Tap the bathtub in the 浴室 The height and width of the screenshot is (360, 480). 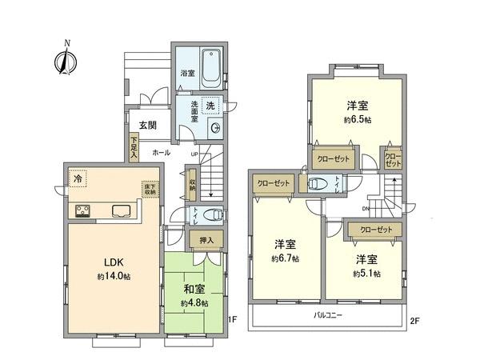coord(211,69)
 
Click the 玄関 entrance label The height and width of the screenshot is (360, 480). coord(146,125)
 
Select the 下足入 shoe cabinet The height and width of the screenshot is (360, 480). coord(134,148)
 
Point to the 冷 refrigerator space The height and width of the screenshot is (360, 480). coord(78,179)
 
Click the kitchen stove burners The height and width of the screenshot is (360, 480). coord(83,211)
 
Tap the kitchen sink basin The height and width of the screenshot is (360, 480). coord(122,212)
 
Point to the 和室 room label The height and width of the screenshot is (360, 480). coord(194,290)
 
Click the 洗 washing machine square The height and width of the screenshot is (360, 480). coord(210,105)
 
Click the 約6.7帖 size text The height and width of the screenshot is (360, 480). coord(286,258)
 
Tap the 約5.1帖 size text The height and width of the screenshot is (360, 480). coord(366,273)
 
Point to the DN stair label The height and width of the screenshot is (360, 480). coord(365,210)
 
